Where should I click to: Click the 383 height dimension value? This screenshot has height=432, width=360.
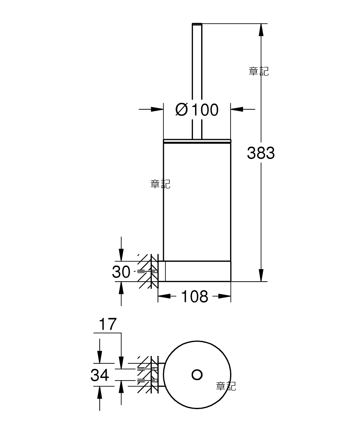[261, 153]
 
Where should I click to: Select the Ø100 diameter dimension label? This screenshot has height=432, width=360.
[197, 110]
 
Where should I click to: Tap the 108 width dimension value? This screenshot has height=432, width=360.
[194, 296]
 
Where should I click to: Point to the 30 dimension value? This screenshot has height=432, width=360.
[121, 272]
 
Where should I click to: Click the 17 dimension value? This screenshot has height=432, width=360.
[107, 324]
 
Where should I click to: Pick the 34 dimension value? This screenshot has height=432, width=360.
[100, 375]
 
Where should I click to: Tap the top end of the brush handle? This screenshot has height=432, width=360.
[197, 24]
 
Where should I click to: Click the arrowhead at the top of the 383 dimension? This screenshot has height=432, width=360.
[261, 30]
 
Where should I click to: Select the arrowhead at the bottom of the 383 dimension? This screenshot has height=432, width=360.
[261, 275]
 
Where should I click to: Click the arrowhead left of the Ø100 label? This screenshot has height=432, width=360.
[157, 109]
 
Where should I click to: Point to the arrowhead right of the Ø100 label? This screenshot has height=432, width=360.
[237, 109]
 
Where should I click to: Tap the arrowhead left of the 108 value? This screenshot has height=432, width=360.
[164, 296]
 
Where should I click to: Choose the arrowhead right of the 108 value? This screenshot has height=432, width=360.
[224, 296]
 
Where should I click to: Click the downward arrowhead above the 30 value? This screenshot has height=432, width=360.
[121, 255]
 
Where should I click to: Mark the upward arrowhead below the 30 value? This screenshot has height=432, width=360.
[121, 288]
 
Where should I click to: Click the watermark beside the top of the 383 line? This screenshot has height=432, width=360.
[259, 71]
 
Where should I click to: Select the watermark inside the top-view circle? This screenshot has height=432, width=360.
[226, 386]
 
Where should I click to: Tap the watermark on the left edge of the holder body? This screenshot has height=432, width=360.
[161, 184]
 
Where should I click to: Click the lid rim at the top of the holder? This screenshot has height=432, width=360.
[197, 141]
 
